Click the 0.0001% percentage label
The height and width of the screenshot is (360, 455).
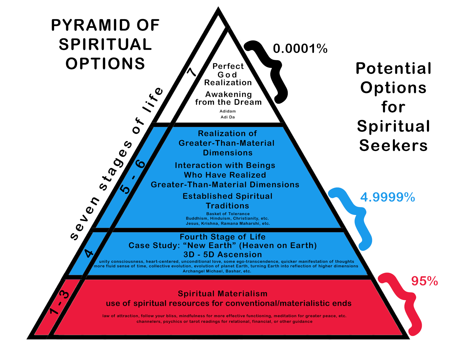pos(300,49)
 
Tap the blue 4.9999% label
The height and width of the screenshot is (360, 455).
pos(388,197)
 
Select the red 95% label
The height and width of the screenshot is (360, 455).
pos(424,281)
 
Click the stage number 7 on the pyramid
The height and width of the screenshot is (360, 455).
pos(192,72)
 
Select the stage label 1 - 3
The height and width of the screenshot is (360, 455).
pos(59,303)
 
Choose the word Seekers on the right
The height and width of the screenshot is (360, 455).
pos(393,146)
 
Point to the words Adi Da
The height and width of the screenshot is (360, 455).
pos(227,117)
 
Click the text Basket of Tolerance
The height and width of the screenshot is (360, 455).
pos(228,214)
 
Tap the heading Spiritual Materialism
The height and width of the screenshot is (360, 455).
pos(223,294)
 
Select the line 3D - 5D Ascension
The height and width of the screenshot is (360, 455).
pos(223,254)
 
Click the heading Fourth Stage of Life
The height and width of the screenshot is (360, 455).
pos(223,237)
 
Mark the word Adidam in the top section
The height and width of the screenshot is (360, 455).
pos(227,111)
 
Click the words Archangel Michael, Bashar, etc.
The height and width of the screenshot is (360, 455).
pos(217,271)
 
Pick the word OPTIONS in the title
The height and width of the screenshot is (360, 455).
pos(105,64)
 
